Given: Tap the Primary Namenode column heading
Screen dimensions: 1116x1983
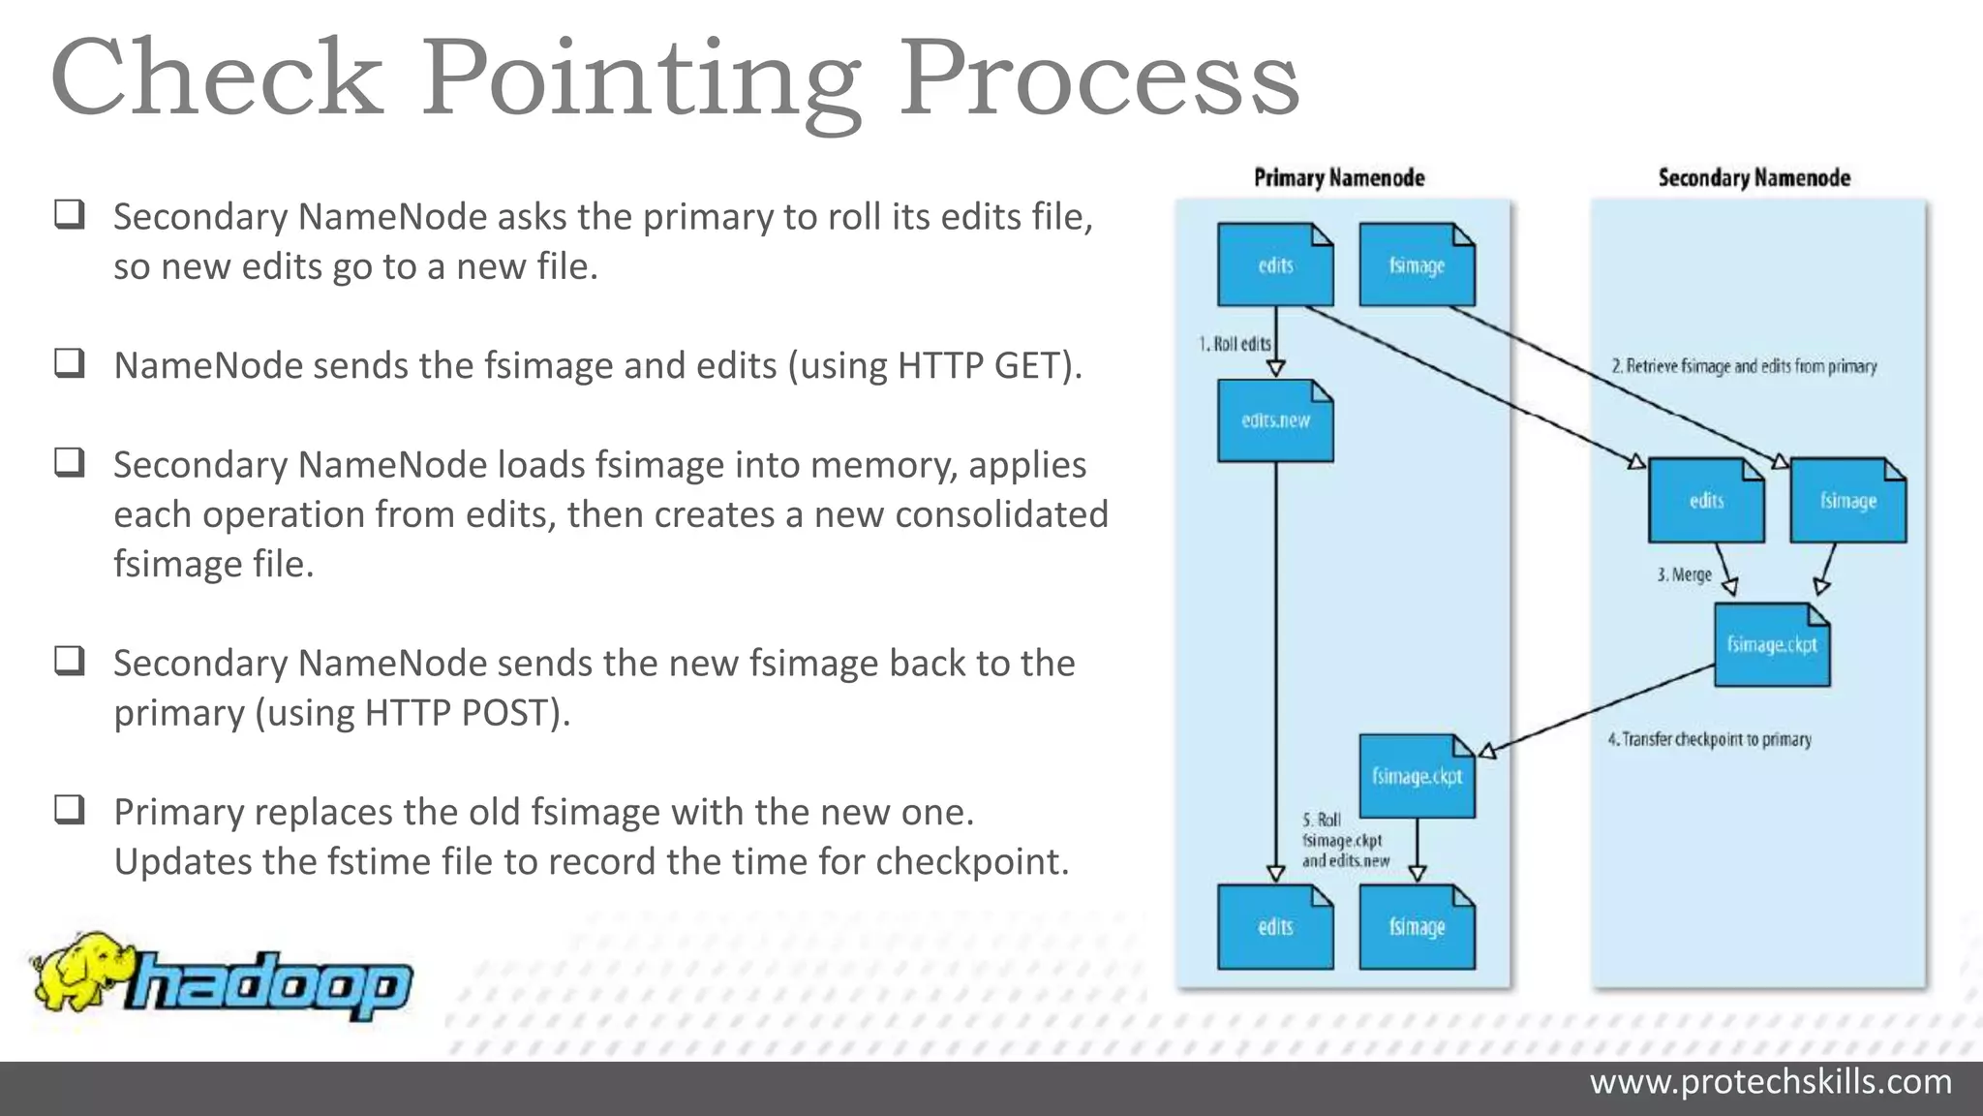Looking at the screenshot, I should [1339, 178].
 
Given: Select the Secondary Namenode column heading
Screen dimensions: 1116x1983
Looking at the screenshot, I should [1754, 178].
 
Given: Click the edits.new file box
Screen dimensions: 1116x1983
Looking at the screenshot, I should [1275, 420].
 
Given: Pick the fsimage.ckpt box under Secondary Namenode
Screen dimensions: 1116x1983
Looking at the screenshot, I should [1771, 645].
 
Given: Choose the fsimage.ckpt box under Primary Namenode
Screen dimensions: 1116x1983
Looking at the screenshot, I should [1417, 776].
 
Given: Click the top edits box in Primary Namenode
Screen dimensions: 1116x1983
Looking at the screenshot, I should [1275, 265].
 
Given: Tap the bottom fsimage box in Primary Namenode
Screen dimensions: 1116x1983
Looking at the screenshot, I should [1417, 927].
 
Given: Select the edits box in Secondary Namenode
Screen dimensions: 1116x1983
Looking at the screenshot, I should [1706, 501].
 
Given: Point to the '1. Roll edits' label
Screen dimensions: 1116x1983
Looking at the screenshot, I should [1235, 344].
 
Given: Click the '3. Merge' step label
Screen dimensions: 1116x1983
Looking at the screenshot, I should [1684, 574].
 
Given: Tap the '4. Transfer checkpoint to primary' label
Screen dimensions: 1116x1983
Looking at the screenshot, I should [1709, 739].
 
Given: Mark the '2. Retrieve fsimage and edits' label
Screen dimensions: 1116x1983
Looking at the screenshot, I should [1744, 366].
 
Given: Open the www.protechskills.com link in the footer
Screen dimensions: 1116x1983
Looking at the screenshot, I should [1770, 1081].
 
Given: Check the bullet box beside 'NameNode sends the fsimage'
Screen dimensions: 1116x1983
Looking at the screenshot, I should [70, 363].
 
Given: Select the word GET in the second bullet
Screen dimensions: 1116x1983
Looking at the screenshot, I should [1026, 366].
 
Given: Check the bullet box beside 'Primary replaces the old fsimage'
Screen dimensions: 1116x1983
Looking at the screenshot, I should [70, 810].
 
